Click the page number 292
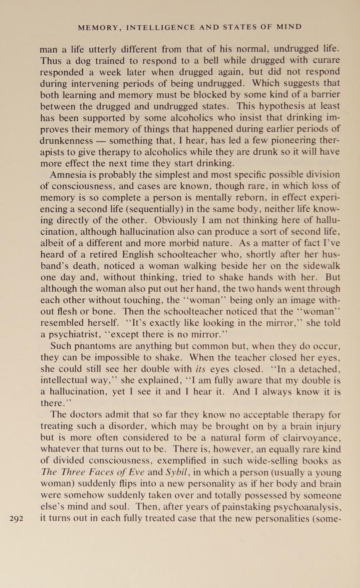click(x=16, y=519)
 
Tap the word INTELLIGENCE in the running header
click(x=161, y=27)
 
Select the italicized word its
click(x=201, y=369)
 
